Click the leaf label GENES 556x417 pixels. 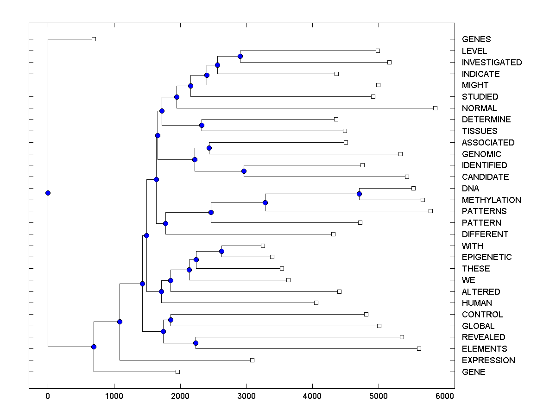click(476, 39)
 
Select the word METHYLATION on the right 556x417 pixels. click(491, 200)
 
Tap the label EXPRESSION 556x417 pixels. click(488, 360)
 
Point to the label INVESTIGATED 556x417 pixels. click(492, 63)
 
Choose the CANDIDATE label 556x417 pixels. click(485, 177)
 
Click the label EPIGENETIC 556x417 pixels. click(486, 257)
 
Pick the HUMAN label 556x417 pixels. click(477, 303)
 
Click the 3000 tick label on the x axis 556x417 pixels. click(246, 396)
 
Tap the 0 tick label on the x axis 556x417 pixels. click(48, 396)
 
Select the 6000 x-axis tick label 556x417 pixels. click(445, 396)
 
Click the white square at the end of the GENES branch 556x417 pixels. click(94, 39)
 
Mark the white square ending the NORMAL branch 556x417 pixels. click(435, 108)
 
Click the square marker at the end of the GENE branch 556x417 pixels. click(177, 372)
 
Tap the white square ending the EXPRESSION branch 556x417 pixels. click(252, 360)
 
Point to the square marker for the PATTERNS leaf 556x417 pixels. click(430, 211)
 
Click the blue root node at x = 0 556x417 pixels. click(48, 193)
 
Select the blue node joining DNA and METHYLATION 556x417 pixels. click(359, 194)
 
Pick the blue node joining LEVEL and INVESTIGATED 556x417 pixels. click(240, 56)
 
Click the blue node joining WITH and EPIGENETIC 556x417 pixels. click(221, 251)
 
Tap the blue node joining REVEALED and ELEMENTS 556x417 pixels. click(196, 343)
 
